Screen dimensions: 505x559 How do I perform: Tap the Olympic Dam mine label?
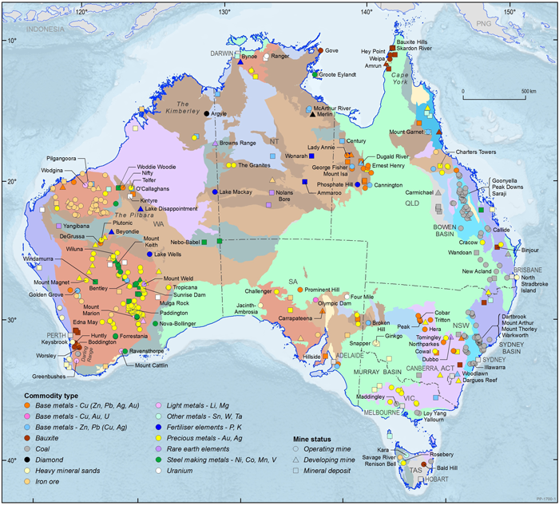click(335, 304)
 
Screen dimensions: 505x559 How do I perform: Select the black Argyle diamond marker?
click(207, 114)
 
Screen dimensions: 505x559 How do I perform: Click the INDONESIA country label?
click(49, 30)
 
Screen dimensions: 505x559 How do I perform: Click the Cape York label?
click(402, 76)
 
